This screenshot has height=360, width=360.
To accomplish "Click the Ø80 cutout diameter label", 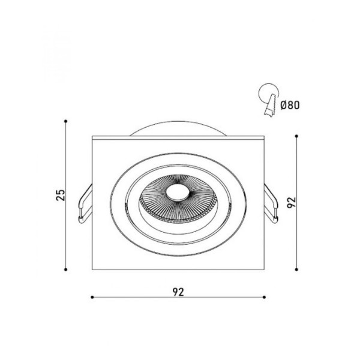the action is click(x=290, y=106).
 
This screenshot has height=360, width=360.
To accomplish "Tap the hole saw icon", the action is click(x=269, y=100).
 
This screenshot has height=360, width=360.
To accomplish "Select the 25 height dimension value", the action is click(x=61, y=195).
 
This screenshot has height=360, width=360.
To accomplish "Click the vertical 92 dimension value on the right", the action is click(x=292, y=203).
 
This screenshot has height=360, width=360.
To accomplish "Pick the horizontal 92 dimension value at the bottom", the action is click(x=178, y=292).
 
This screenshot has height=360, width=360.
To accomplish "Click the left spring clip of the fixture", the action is click(x=85, y=203).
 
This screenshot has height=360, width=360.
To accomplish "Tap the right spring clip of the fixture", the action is click(x=271, y=203).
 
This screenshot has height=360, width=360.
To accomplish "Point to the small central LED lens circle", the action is click(x=177, y=192).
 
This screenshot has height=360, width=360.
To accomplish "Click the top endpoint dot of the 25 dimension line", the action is click(x=65, y=121).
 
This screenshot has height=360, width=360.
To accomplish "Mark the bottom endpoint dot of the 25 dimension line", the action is click(x=65, y=269).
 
